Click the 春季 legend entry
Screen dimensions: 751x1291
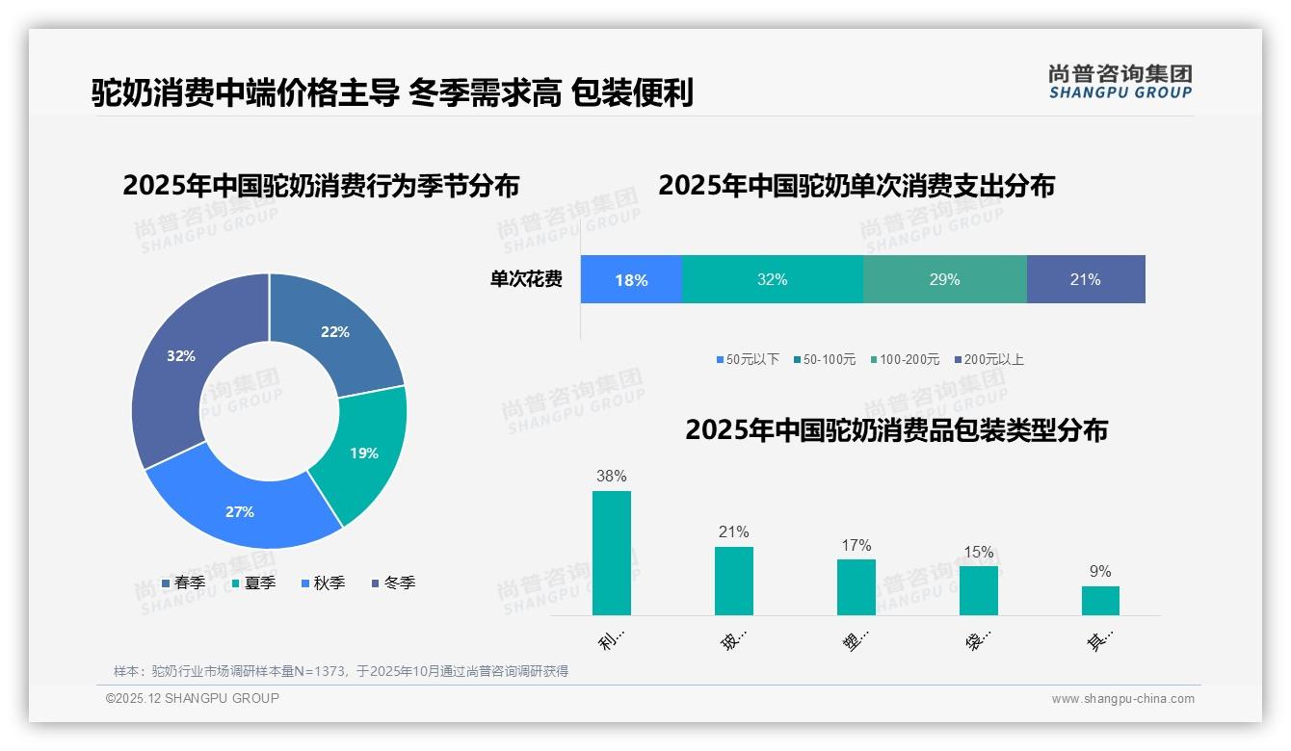[x=184, y=583]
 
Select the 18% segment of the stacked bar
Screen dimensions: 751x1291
[x=631, y=280]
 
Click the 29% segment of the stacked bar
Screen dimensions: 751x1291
[x=944, y=280]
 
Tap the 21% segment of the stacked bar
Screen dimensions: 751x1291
[x=1085, y=280]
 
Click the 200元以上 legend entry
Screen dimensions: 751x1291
[x=988, y=359]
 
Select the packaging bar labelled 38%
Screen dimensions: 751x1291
[x=611, y=553]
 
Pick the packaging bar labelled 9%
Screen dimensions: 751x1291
[x=1100, y=600]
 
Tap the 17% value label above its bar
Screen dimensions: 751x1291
[x=856, y=546]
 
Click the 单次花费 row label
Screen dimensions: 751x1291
[x=526, y=280]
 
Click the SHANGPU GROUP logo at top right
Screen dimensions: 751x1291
[x=1120, y=82]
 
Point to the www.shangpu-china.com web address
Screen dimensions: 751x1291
[x=1122, y=699]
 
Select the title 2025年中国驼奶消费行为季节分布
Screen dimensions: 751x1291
[x=321, y=186]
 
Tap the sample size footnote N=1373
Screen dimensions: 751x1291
[x=341, y=671]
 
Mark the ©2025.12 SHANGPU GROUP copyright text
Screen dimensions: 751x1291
[x=193, y=698]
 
